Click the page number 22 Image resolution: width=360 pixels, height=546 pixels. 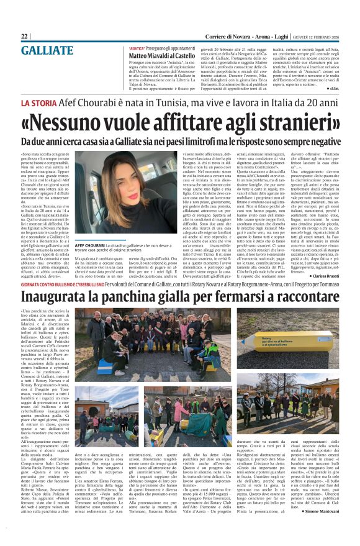25,36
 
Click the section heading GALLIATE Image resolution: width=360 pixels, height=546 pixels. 47,50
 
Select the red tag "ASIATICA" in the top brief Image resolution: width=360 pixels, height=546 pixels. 137,48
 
